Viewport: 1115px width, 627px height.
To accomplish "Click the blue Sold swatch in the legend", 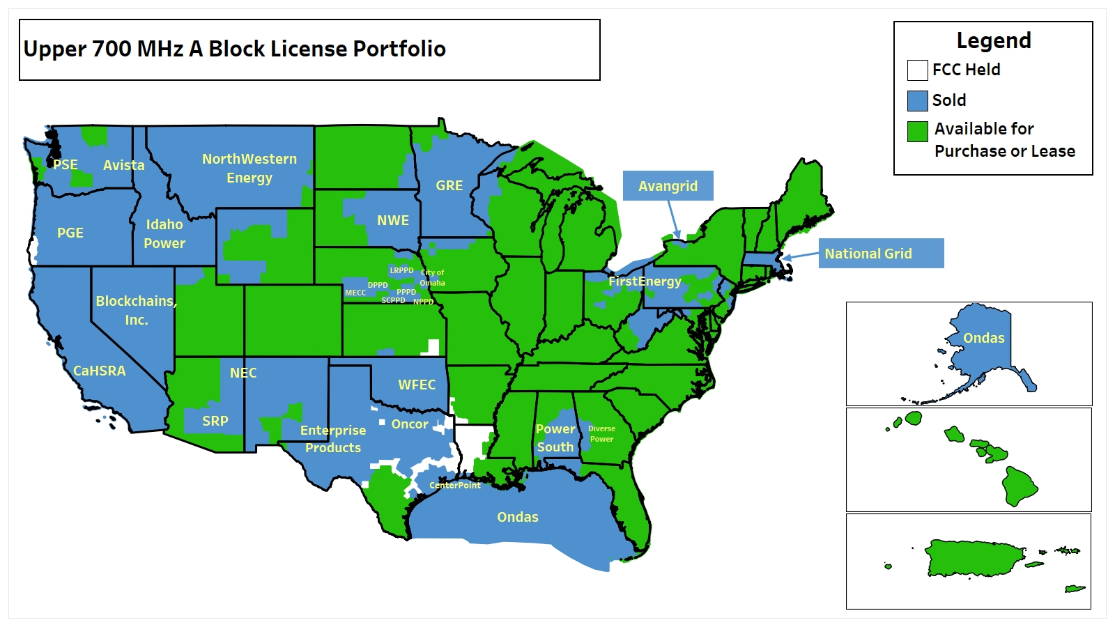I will click(917, 100).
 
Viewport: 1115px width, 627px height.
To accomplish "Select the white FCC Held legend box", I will click(917, 70).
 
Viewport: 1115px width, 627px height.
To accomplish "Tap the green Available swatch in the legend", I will click(917, 131).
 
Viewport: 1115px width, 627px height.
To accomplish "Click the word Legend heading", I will click(993, 40).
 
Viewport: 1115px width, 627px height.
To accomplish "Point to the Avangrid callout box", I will click(668, 186).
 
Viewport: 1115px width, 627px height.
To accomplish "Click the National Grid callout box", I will click(881, 254).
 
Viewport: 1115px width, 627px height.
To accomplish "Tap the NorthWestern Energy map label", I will click(249, 168).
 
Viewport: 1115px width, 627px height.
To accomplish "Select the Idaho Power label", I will click(164, 233).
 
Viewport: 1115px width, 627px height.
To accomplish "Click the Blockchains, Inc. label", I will click(136, 310).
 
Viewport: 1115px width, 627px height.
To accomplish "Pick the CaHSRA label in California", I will click(100, 371).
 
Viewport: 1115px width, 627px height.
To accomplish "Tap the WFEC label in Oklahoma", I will click(417, 385).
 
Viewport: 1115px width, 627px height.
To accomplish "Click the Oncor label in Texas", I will click(410, 424).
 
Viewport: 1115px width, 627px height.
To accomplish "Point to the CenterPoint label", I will click(455, 485).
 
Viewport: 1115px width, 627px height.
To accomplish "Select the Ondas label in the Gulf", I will click(518, 517).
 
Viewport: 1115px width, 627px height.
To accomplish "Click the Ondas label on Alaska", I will click(984, 338).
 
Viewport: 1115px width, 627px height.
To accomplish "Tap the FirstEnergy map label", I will click(645, 281).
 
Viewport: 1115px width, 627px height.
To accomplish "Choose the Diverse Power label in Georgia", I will click(601, 433).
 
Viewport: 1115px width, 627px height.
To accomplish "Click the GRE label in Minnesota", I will click(449, 185).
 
